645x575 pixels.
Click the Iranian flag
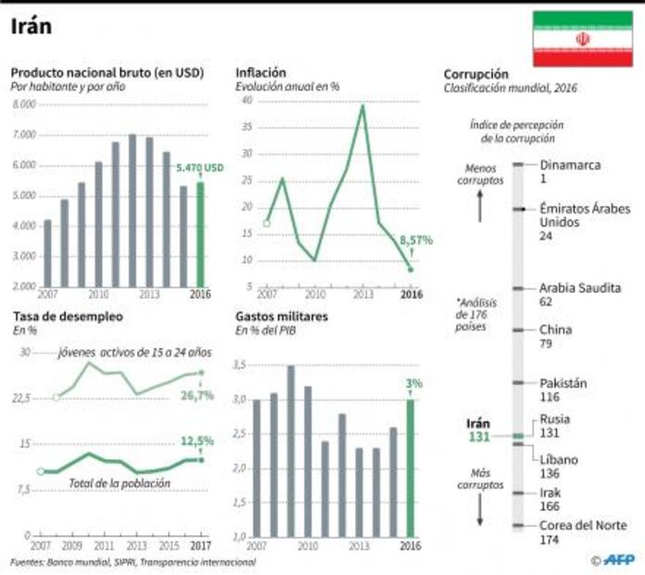(x=582, y=39)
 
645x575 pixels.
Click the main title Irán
(x=32, y=26)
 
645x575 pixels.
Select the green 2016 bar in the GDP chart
(x=200, y=234)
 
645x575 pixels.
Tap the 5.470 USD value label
(x=201, y=168)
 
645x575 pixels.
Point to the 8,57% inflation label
(x=416, y=239)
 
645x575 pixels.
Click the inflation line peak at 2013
(x=363, y=106)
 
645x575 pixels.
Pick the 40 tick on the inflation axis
(x=247, y=99)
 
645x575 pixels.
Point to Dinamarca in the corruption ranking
(x=570, y=165)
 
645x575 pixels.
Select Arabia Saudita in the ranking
(x=580, y=287)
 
